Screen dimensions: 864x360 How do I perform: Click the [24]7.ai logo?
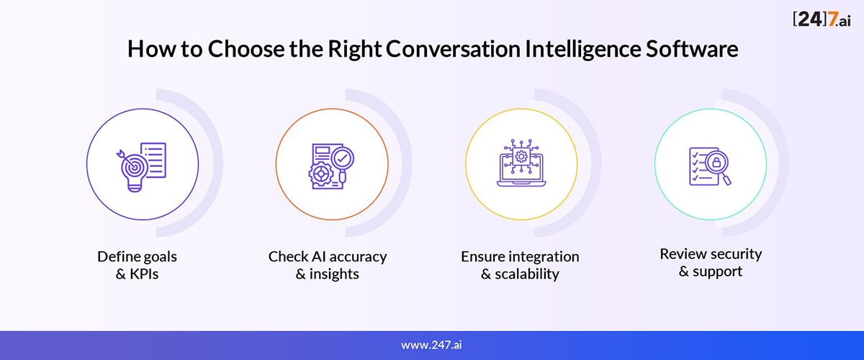point(822,19)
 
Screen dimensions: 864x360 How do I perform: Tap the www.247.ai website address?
point(431,345)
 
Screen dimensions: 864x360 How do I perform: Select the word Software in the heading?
point(692,49)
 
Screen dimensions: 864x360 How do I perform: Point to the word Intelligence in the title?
point(582,50)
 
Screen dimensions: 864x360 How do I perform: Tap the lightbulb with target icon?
point(142,167)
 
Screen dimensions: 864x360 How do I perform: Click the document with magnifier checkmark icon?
point(331,166)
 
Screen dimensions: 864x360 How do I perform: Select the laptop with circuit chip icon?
point(521,163)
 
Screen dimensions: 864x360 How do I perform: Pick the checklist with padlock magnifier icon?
point(710,166)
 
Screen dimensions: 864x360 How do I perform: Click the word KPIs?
point(144,274)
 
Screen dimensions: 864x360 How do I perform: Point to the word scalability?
point(527,274)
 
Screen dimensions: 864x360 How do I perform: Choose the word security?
point(737,254)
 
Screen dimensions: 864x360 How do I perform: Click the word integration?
point(543,257)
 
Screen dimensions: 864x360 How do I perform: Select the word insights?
point(334,274)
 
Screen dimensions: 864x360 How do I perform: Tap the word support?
point(717,271)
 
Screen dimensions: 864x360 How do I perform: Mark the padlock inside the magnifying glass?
point(716,162)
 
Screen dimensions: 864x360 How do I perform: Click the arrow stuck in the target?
point(126,158)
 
